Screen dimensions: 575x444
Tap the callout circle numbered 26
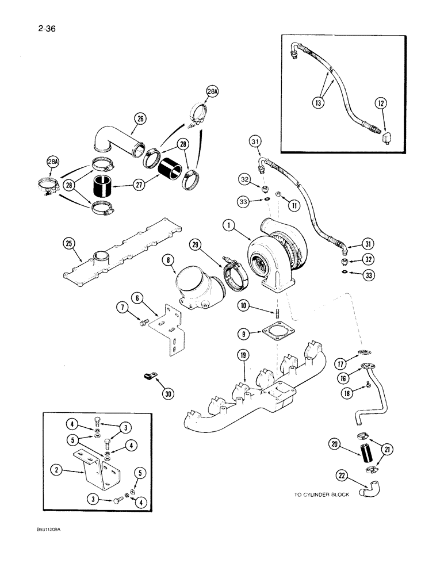[x=140, y=119]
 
